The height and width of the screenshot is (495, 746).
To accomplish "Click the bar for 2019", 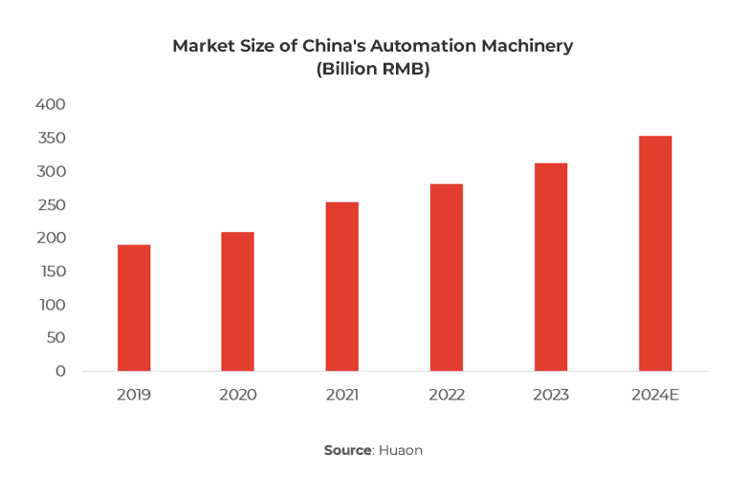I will (134, 308).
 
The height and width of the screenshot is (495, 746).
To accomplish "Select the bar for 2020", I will (237, 301).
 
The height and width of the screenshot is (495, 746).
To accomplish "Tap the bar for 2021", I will (341, 287).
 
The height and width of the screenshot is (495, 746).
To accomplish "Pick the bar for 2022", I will (446, 277).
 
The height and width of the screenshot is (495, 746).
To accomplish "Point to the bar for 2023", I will (551, 267).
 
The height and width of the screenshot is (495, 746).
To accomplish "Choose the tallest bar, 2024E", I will (655, 253).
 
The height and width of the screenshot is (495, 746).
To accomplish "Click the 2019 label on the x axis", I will (134, 395).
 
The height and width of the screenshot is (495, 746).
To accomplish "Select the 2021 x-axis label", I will (341, 395).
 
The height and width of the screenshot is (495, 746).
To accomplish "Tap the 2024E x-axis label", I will (655, 395).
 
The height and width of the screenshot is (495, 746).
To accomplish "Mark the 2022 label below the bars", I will (446, 395).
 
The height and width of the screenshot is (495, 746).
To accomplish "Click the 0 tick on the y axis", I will (60, 371).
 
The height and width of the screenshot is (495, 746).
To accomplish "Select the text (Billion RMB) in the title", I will (373, 70).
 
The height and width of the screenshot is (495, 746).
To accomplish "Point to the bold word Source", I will (347, 450).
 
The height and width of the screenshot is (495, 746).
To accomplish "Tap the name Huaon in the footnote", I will (401, 450).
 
